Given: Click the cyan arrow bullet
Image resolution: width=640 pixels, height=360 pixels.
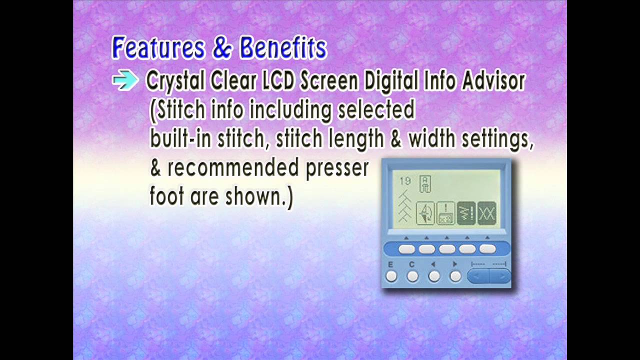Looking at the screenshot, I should tap(125, 80).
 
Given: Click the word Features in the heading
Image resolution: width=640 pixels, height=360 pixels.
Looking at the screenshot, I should tap(158, 48).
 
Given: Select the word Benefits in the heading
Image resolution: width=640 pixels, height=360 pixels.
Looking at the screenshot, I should tap(283, 48).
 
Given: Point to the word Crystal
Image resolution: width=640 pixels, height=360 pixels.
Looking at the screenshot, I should tap(175, 81).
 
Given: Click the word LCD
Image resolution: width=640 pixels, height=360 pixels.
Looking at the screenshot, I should tap(278, 81).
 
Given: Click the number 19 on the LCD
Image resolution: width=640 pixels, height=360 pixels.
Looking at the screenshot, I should tap(404, 181).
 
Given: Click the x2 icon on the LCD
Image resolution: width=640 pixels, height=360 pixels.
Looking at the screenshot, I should tap(446, 213).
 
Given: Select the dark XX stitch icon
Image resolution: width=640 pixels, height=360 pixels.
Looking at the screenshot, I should tap(486, 213).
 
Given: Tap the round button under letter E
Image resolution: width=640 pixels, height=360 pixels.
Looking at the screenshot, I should tap(391, 276).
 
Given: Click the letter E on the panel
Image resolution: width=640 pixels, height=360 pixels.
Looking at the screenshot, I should tap(390, 264).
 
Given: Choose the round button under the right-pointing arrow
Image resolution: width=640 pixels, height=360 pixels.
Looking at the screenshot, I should tap(455, 276).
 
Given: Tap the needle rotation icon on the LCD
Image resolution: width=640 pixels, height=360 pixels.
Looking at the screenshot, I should tap(425, 213).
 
